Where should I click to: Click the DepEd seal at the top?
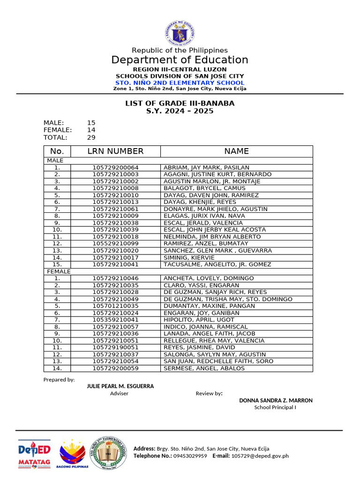click(180, 32)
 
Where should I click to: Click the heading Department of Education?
click(180, 60)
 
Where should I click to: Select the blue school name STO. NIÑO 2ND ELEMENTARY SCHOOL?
click(180, 82)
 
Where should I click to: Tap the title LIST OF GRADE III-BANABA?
click(180, 103)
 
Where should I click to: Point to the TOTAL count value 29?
click(91, 138)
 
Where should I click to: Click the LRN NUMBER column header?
click(115, 151)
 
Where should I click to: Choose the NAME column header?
click(236, 151)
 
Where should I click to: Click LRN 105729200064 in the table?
click(115, 167)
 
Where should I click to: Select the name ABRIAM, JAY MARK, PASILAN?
click(206, 167)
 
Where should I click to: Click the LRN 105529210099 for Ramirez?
click(115, 244)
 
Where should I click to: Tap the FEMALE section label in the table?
click(58, 271)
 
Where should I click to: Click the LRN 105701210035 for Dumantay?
click(115, 306)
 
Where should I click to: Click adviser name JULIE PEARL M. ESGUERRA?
click(120, 386)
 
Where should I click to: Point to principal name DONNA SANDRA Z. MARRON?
click(276, 400)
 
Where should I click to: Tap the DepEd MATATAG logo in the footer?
click(34, 454)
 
